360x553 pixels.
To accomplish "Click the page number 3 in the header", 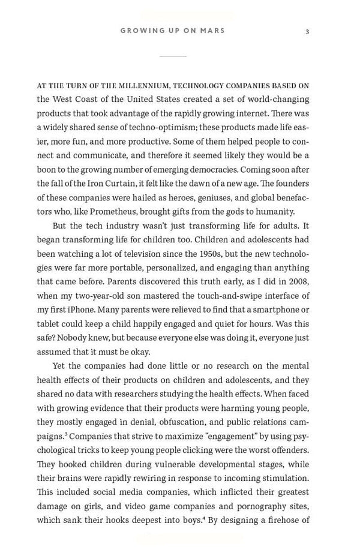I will [307, 32].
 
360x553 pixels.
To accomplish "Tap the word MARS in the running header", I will [212, 31].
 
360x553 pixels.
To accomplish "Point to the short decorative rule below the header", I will [173, 56].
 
